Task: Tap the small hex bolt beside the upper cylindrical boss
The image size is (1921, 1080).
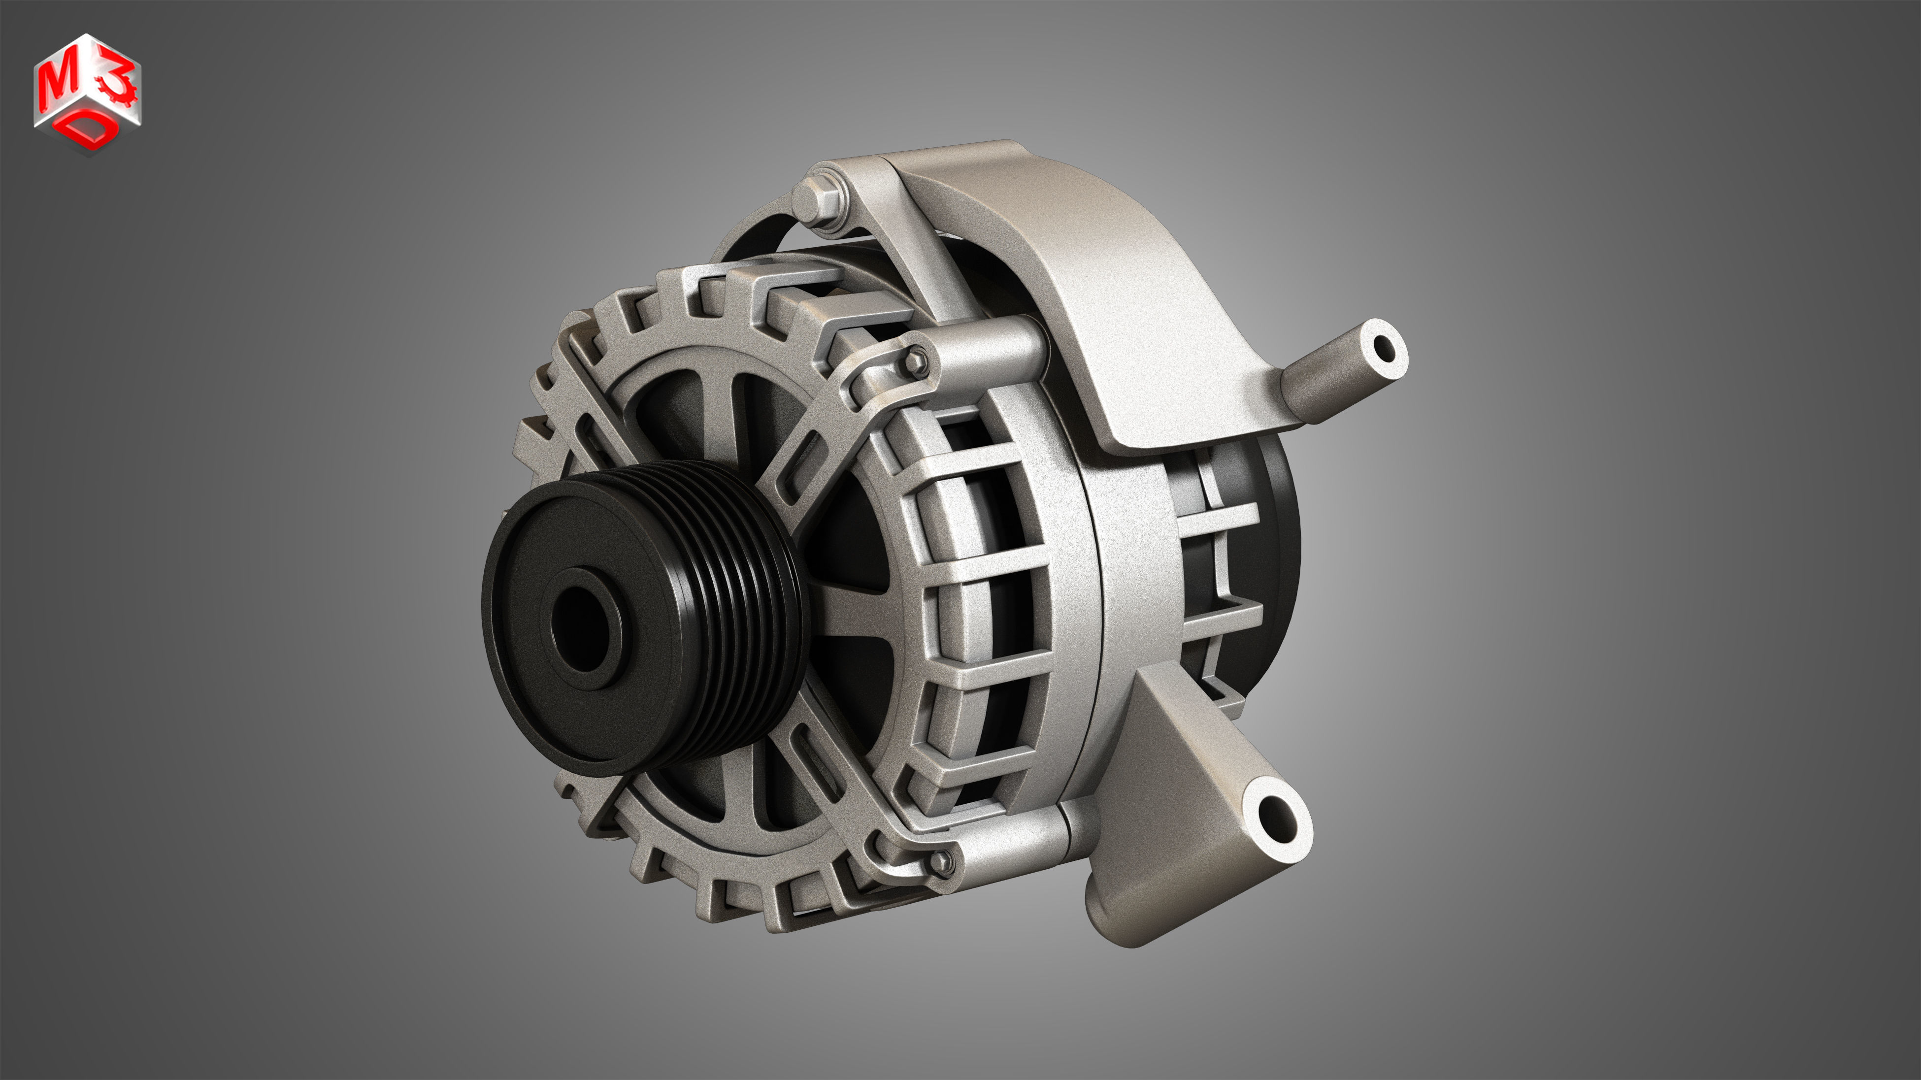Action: pyautogui.click(x=917, y=361)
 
